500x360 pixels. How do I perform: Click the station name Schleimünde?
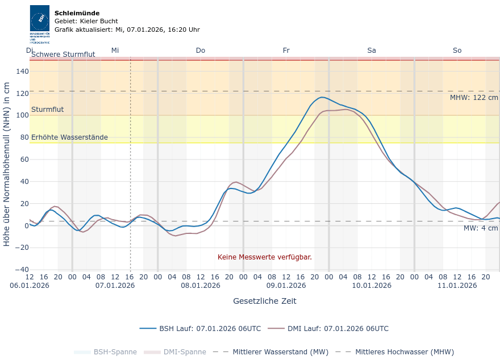(x=77, y=13)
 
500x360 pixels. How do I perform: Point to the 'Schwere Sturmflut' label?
(x=63, y=55)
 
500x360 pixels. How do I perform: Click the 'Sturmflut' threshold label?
(x=47, y=110)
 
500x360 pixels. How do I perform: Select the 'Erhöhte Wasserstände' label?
(x=69, y=137)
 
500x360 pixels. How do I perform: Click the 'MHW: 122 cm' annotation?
(x=474, y=98)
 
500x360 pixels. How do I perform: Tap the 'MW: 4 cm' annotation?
(x=481, y=228)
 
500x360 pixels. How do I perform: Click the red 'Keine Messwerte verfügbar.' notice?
(x=265, y=257)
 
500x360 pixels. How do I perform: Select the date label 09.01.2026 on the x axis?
(x=286, y=286)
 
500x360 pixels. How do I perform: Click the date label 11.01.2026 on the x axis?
(x=457, y=286)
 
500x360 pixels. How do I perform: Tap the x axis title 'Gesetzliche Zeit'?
(x=265, y=301)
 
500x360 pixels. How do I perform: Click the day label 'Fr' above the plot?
(x=286, y=51)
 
